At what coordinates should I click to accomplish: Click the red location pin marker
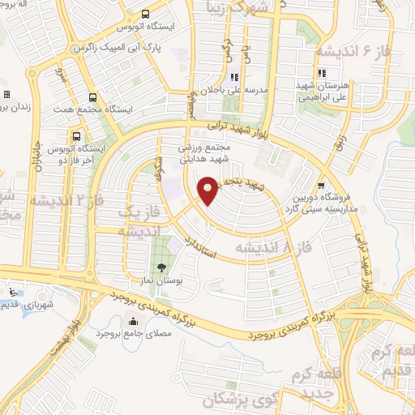[x=207, y=190]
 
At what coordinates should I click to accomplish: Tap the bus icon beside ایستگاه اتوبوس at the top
[x=145, y=14]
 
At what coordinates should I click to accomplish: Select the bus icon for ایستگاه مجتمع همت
[x=92, y=97]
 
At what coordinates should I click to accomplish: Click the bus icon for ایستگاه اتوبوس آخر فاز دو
[x=77, y=136]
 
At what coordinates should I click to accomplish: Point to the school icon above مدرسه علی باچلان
[x=233, y=78]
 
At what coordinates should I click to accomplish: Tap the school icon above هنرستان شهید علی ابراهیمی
[x=322, y=74]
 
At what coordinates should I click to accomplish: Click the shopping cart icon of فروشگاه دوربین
[x=321, y=184]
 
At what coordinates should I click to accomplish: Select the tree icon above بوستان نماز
[x=161, y=267]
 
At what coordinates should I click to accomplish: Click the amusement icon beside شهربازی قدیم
[x=11, y=292]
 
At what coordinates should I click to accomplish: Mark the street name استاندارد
[x=199, y=247]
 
